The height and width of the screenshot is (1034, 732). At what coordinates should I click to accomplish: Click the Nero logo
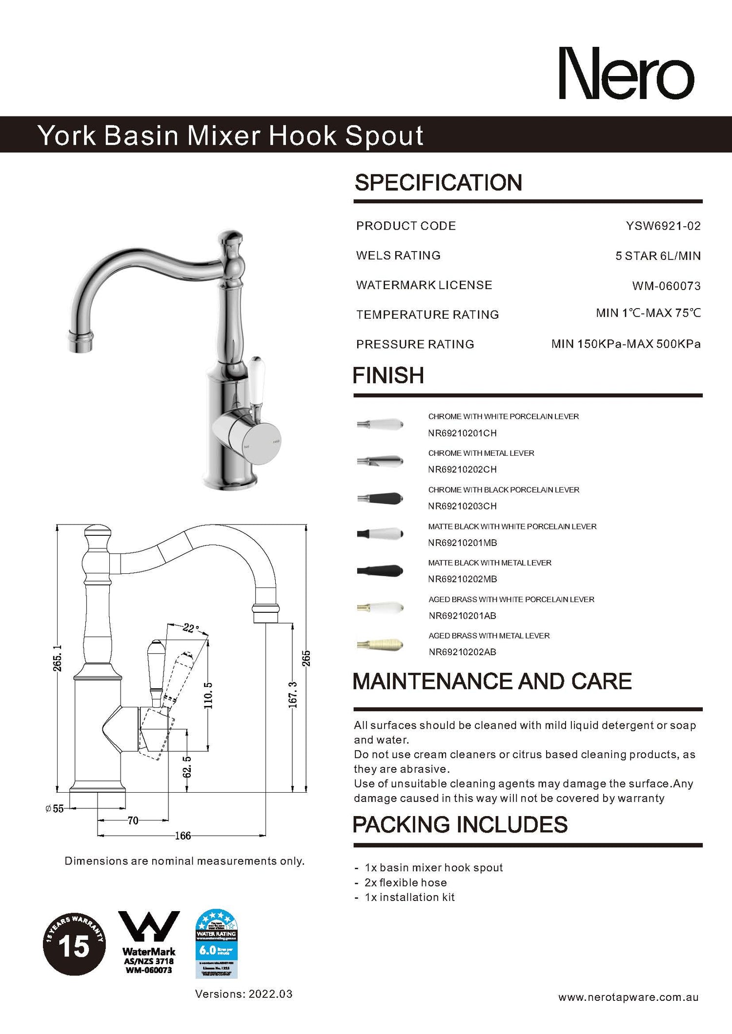pos(626,74)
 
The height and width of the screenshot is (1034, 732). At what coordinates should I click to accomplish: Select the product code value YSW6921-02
pos(663,226)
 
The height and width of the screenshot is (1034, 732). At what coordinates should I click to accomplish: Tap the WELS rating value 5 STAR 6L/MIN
pos(657,256)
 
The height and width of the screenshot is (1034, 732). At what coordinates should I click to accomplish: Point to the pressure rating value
pos(626,344)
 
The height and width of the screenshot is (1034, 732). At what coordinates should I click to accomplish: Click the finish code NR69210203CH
pos(462,506)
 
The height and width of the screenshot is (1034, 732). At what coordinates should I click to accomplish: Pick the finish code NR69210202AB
pos(462,652)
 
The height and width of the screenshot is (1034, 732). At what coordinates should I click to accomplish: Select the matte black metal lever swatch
pos(380,570)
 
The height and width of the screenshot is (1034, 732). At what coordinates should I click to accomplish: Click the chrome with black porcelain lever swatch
pos(380,498)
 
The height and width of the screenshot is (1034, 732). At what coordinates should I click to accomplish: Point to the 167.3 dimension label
pos(292,695)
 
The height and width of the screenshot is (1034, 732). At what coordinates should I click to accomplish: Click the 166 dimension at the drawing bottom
pos(183,836)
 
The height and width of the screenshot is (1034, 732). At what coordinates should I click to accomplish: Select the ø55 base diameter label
pos(55,809)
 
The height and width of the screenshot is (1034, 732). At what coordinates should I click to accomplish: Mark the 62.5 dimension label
pos(187,767)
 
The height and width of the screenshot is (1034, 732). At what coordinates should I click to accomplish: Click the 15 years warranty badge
pos(74,944)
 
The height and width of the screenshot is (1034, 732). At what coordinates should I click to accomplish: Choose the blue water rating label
pos(216,944)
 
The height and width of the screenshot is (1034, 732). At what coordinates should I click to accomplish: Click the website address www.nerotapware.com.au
pos(628,997)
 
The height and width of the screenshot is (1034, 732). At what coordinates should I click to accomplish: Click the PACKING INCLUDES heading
pos(460,825)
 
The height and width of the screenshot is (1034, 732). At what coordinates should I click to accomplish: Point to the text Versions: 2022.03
pos(244,994)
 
